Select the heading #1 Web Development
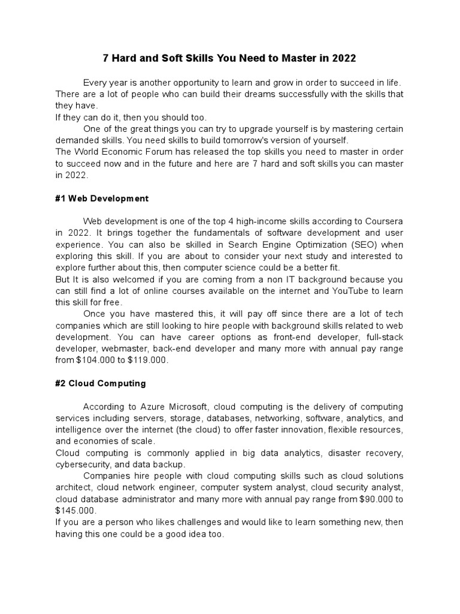(102, 198)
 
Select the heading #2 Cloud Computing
(101, 383)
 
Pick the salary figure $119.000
(149, 360)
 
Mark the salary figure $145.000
(75, 510)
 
